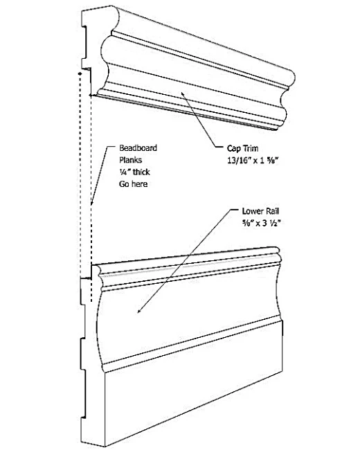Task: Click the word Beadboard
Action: click(x=138, y=148)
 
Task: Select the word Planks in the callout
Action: click(x=130, y=160)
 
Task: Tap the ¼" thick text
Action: click(x=134, y=172)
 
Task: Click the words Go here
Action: click(x=133, y=184)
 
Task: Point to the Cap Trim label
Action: click(x=242, y=148)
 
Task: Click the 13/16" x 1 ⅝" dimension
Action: click(x=253, y=161)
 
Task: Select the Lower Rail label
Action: click(x=260, y=211)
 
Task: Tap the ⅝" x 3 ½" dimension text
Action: click(x=261, y=223)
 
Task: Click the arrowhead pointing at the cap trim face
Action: click(x=183, y=94)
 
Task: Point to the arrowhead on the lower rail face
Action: click(x=140, y=311)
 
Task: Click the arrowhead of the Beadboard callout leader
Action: click(x=92, y=203)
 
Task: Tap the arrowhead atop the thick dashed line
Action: click(x=80, y=74)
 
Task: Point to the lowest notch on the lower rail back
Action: click(x=83, y=394)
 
